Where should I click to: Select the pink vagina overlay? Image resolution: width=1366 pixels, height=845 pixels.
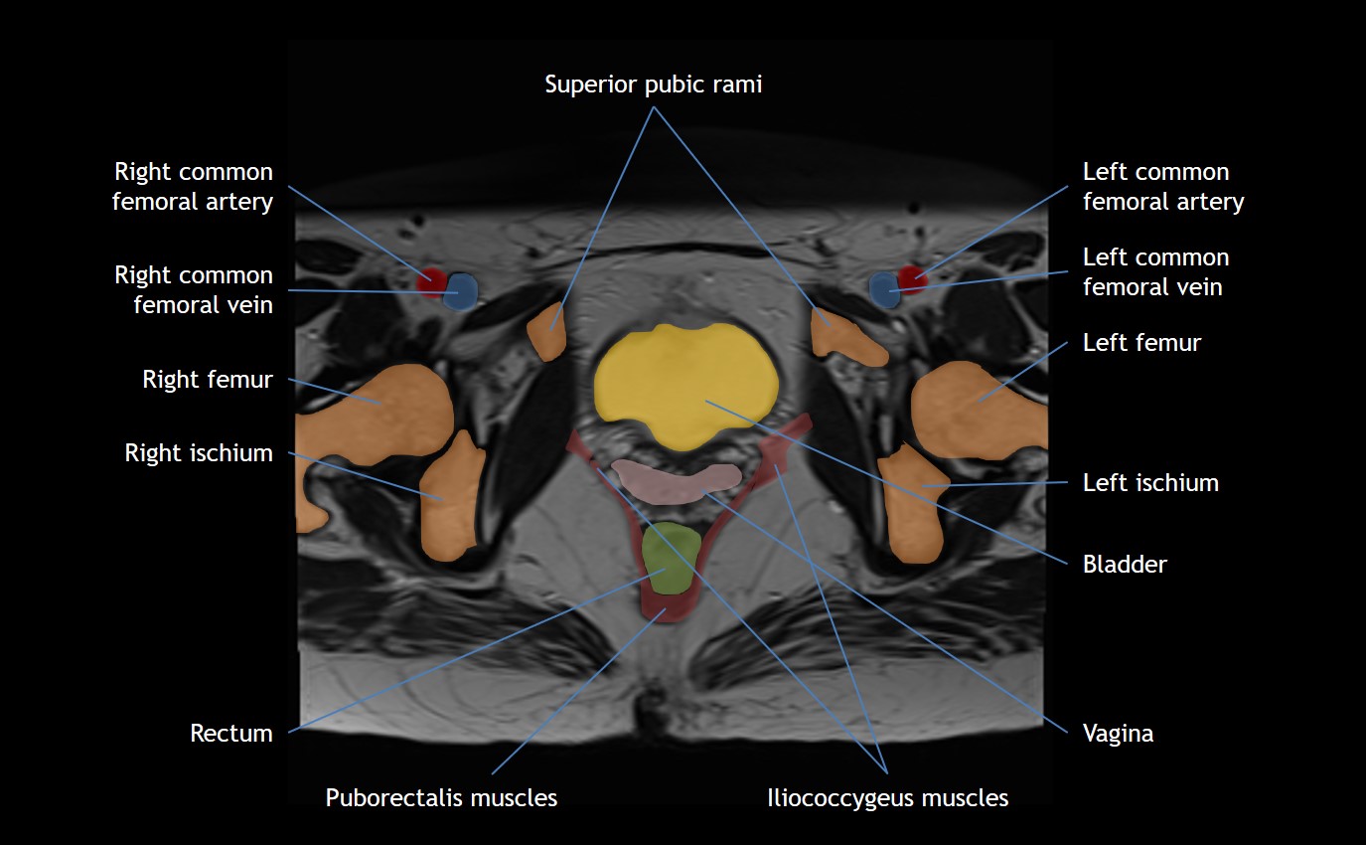676,480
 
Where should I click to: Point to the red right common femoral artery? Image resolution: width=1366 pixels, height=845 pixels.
430,280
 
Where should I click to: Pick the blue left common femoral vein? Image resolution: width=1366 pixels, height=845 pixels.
882,289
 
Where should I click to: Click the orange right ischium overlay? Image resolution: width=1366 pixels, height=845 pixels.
452,497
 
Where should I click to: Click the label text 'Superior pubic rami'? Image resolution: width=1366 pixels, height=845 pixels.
653,84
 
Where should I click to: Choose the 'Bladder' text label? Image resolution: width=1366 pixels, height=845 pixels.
1125,565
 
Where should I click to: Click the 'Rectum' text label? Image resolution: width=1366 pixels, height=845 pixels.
230,734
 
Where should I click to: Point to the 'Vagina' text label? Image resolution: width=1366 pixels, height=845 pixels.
1118,734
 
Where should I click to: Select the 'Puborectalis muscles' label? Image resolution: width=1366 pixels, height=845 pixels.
441,797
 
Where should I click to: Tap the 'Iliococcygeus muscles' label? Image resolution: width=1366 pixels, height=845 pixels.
887,797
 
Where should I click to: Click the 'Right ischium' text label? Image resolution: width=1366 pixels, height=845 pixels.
198,453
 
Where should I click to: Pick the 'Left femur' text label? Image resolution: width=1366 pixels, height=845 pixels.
1141,343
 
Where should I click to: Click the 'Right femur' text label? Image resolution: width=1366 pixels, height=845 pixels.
207,379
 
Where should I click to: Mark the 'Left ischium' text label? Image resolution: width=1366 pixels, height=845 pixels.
1150,483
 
